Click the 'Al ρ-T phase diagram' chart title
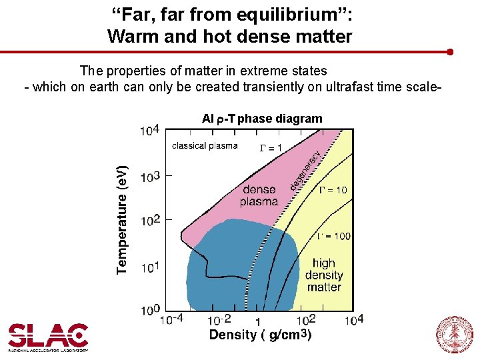tap(262, 119)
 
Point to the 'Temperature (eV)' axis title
tap(122, 219)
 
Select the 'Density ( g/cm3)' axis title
tap(260, 335)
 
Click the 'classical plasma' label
tap(205, 146)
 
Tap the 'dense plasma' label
tap(259, 195)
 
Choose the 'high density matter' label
tap(324, 275)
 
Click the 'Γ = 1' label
tap(271, 147)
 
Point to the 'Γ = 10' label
tap(333, 190)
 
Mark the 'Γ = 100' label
tap(333, 236)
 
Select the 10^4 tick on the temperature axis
tap(150, 129)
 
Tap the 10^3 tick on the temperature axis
tap(150, 176)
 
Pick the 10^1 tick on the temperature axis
tap(150, 266)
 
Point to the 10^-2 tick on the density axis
tap(219, 319)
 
